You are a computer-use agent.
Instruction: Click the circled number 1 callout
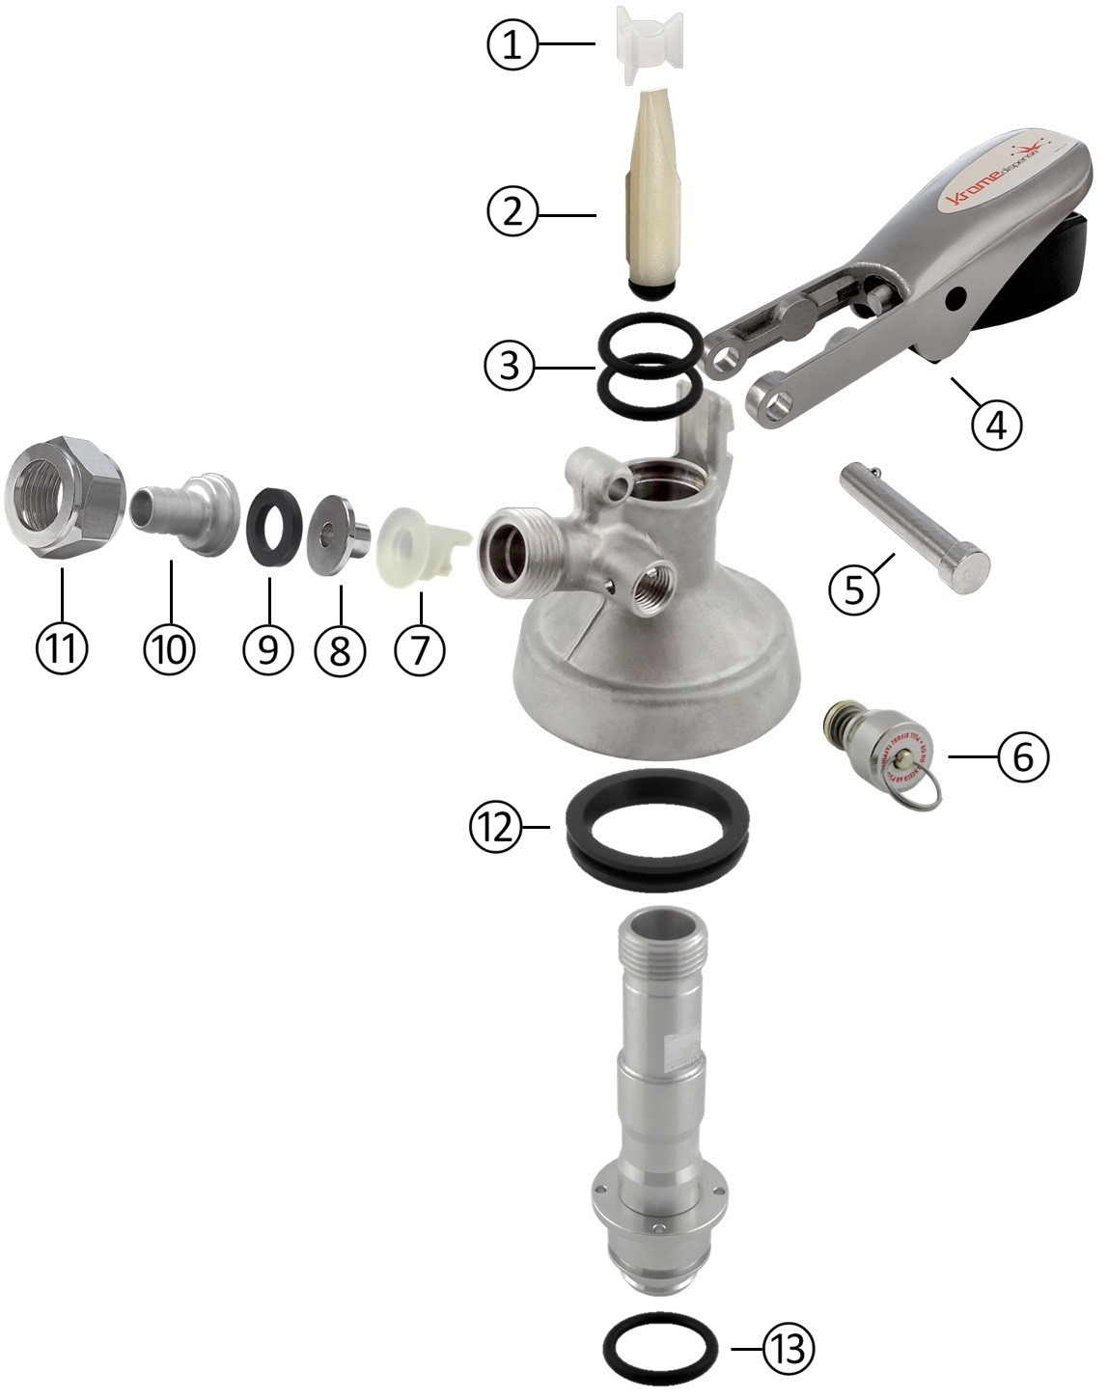512,44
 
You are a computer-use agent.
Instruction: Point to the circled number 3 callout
509,367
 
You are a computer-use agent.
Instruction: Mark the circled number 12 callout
496,828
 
